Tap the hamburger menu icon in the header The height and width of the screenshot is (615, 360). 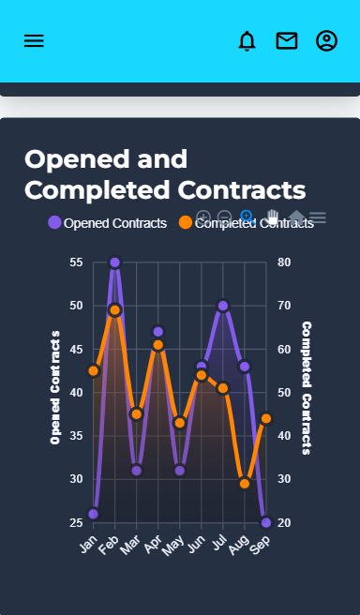pos(34,41)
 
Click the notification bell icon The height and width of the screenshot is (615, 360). pos(247,41)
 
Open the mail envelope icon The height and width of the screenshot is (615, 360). pos(286,41)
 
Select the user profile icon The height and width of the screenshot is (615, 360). pos(326,41)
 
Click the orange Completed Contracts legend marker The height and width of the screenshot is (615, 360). pos(185,223)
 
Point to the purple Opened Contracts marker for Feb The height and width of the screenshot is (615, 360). pos(114,262)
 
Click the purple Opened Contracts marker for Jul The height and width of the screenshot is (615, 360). pos(222,306)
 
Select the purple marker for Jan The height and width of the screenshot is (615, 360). pos(93,514)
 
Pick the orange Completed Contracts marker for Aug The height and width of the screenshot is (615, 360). pos(245,484)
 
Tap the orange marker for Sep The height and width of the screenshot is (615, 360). pos(266,418)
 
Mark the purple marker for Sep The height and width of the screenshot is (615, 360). pos(266,522)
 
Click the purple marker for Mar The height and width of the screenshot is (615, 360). pos(136,471)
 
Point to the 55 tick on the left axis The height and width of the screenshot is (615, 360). pos(76,262)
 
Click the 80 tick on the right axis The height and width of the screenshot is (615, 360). pos(284,262)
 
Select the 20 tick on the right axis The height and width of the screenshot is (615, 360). pos(284,522)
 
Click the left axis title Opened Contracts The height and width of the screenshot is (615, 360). pos(55,386)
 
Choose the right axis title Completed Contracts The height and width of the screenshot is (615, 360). pos(307,387)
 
